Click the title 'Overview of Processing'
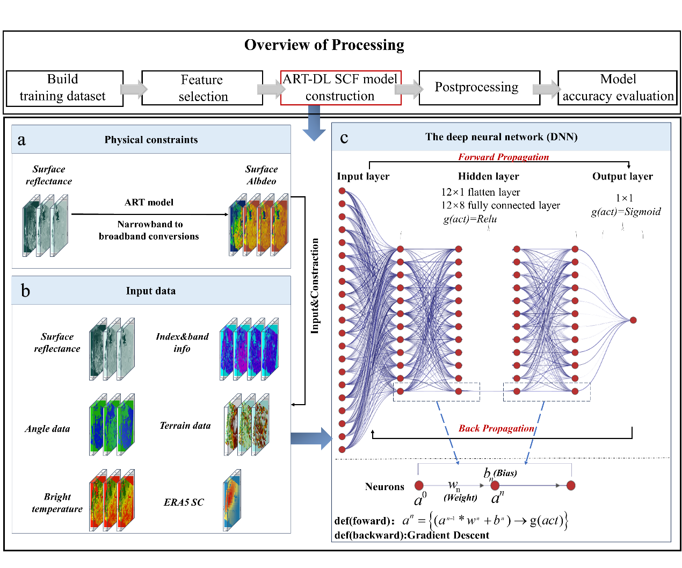tap(324, 45)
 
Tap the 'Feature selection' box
tap(202, 88)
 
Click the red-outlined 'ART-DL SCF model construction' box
tap(340, 88)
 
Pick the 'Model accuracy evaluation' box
tap(617, 88)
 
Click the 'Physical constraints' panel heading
tap(151, 140)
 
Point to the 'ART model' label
tap(149, 203)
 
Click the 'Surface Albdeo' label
tap(262, 175)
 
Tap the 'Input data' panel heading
tap(150, 291)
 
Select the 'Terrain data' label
tap(185, 426)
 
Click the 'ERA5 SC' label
tap(184, 502)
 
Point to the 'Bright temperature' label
tap(57, 502)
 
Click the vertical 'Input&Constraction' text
tap(315, 286)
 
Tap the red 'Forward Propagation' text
tap(503, 157)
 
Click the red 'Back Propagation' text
tap(496, 428)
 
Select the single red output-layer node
tap(633, 320)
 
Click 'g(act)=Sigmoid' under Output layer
tap(626, 212)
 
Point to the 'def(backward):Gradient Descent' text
tap(411, 535)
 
